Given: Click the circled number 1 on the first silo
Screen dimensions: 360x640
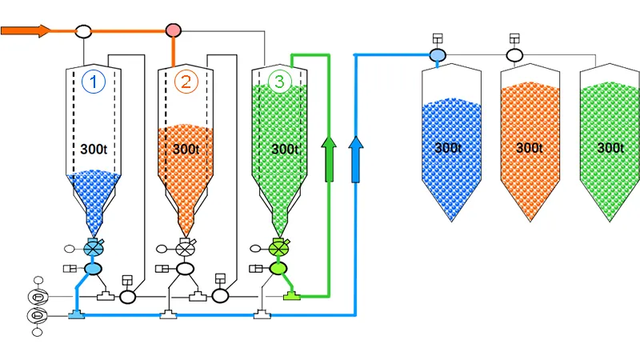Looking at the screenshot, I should pos(94,81).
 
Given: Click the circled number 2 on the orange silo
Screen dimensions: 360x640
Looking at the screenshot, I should pos(186,81).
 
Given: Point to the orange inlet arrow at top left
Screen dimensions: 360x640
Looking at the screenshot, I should pos(26,30).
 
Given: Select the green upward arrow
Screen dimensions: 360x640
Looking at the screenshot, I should pos(328,158).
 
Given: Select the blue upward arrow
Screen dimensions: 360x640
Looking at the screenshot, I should pos(357,158).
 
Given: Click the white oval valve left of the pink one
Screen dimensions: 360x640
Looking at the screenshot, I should pos(83,31).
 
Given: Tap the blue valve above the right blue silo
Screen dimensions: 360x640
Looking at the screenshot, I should pos(438,55).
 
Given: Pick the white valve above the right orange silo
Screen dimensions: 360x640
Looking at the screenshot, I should pos(514,55).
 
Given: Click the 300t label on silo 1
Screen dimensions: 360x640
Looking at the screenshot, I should pos(94,149).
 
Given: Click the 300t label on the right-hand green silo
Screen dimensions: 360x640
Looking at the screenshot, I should pos(610,148).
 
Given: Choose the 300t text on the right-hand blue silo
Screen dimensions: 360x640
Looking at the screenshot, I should pos(449,148).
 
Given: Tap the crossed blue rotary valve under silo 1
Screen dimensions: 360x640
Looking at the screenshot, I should pos(94,249).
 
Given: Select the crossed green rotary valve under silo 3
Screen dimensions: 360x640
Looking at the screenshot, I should pos(278,249).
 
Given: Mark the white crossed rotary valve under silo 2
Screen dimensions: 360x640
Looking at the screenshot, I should pos(186,249).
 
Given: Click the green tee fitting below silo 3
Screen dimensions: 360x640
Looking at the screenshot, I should pos(292,297).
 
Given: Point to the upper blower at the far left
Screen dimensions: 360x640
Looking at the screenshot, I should pos(37,297).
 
